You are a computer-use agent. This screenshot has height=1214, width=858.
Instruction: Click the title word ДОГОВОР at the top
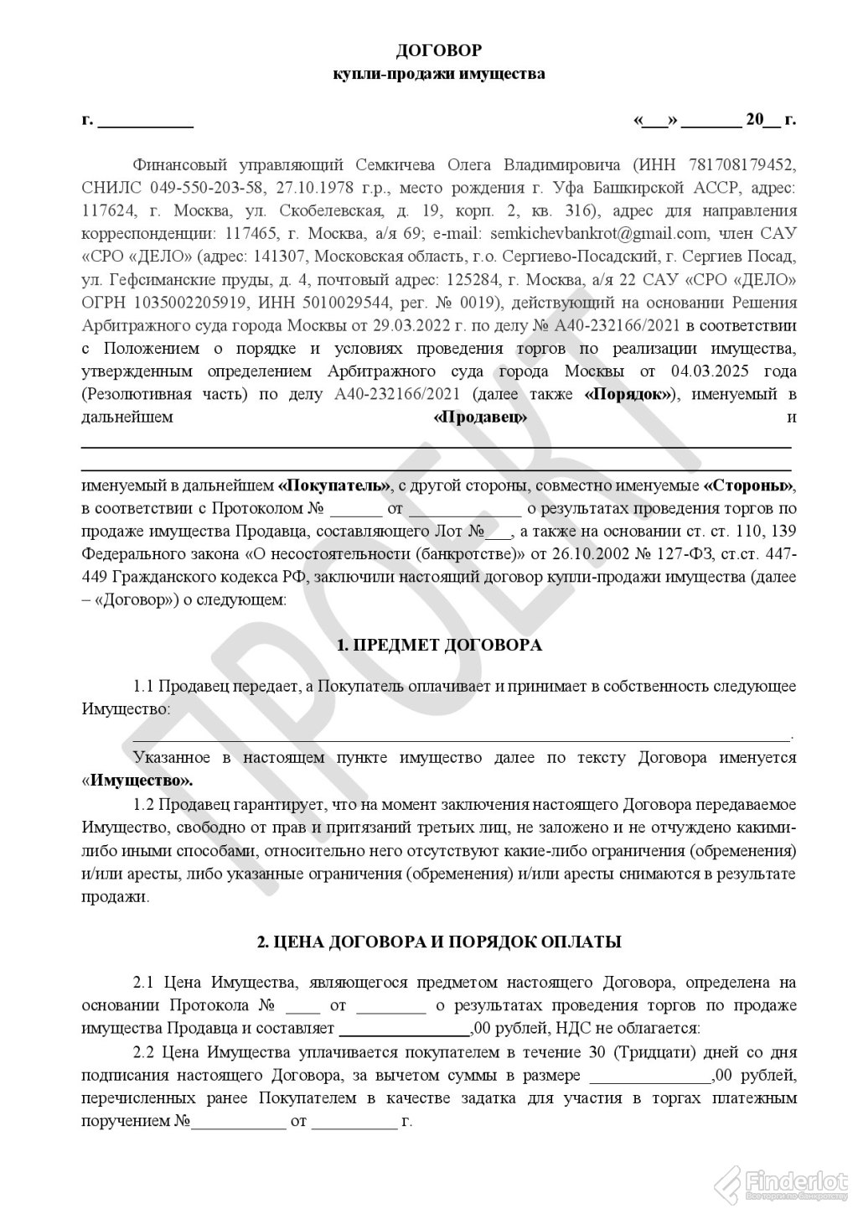coord(439,51)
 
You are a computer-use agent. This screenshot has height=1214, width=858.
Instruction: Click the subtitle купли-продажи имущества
coord(439,74)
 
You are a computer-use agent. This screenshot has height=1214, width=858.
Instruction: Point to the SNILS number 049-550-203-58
coord(202,186)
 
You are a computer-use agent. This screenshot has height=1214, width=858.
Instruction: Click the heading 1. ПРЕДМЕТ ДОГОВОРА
coord(438,645)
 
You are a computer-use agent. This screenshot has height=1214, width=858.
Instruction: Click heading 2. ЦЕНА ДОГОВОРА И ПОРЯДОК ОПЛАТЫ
coord(438,942)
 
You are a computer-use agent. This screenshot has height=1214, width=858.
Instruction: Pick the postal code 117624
coord(108,209)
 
